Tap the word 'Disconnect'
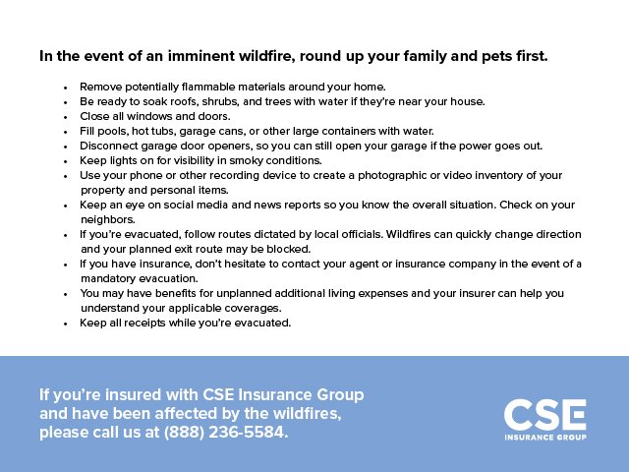tap(110, 146)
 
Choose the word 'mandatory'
tap(110, 278)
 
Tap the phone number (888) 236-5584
tap(226, 433)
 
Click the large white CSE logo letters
tap(544, 413)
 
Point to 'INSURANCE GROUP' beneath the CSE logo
tap(544, 437)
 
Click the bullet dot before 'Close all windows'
tap(65, 117)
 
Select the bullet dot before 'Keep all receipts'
tap(65, 324)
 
